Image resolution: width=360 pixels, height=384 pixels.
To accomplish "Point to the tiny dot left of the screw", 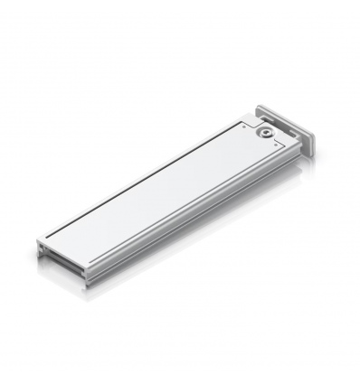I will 244,127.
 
